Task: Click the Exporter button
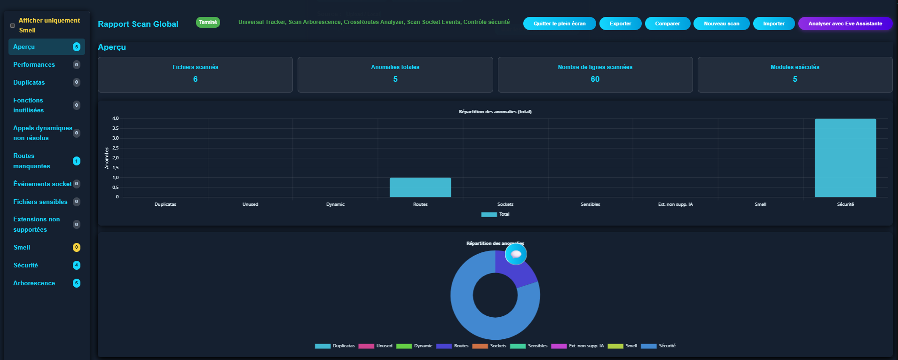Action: [620, 23]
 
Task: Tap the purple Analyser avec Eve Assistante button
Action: [845, 23]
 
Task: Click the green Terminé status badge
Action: [208, 22]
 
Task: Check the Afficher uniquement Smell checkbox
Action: [13, 25]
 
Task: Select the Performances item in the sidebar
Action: [34, 64]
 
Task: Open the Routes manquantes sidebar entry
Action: [32, 161]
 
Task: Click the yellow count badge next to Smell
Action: [77, 247]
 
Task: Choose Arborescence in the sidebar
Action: [34, 283]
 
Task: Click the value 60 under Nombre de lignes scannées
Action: [595, 79]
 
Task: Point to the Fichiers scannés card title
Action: [195, 67]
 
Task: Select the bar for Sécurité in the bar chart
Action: [845, 158]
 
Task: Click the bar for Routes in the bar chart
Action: [420, 187]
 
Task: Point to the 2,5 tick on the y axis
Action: [115, 148]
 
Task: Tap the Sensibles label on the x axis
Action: [590, 204]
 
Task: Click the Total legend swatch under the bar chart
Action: [489, 214]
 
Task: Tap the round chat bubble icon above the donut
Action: [516, 254]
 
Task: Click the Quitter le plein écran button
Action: [559, 23]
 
